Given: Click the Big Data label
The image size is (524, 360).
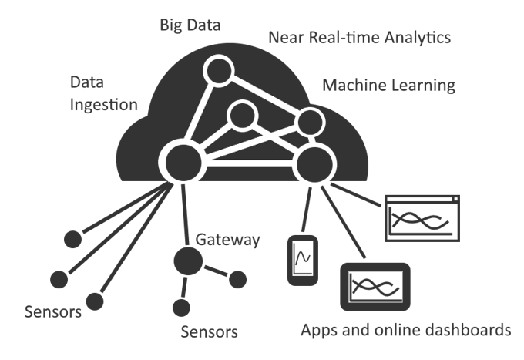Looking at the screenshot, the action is [190, 25].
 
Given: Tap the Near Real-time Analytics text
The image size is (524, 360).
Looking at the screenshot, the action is [360, 38].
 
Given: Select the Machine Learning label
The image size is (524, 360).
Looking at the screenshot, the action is [388, 86].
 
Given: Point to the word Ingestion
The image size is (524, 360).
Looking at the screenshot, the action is [103, 105].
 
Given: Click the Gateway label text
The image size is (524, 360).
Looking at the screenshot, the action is [227, 240].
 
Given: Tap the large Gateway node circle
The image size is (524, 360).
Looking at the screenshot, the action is [188, 261].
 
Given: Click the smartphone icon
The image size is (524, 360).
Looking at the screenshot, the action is [303, 261].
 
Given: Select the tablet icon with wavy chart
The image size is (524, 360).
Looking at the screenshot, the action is [375, 287].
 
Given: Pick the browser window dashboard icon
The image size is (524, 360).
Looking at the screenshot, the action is [422, 218].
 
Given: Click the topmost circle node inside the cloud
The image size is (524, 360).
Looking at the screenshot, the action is [219, 71].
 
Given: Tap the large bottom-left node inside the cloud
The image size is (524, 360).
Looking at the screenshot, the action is [183, 163].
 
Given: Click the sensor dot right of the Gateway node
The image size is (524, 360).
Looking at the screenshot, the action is [238, 279].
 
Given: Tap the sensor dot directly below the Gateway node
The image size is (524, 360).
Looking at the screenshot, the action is [181, 308].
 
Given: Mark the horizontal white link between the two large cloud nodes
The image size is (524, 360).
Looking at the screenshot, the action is [250, 163].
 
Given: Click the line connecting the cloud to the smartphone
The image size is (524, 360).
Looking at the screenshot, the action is [307, 209].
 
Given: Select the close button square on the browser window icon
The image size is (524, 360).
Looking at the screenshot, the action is [455, 199].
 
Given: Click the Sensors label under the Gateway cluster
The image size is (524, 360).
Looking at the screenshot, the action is [209, 332].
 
